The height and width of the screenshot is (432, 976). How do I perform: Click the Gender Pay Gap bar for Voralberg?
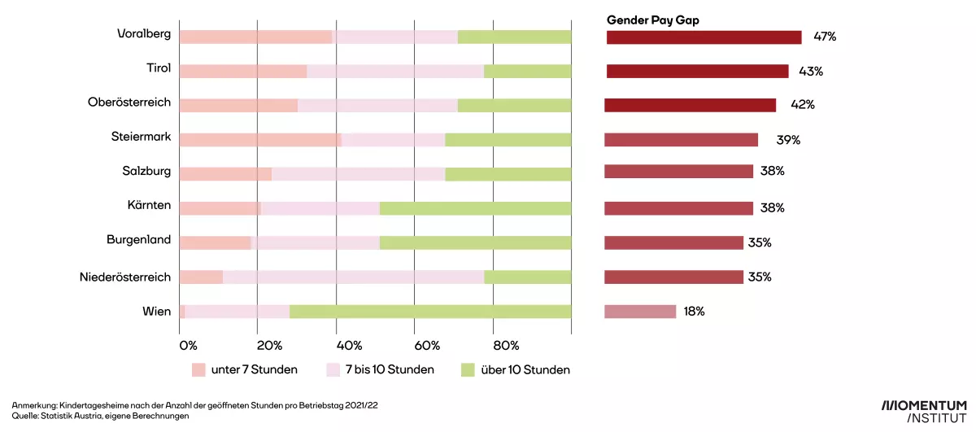(704, 37)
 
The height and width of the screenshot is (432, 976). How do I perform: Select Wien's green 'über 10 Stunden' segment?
(430, 312)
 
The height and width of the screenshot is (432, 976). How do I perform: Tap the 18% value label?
(694, 312)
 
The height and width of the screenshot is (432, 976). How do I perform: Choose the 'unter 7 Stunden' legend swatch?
(198, 370)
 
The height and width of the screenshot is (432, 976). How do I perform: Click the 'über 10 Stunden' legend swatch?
(467, 370)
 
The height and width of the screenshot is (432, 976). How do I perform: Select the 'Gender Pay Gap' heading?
(652, 20)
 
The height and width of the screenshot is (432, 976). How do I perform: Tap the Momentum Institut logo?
(924, 410)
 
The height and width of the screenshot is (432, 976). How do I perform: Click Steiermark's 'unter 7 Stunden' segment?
(259, 140)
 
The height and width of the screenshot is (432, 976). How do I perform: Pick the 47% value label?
(825, 37)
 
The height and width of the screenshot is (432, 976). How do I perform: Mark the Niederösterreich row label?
(125, 277)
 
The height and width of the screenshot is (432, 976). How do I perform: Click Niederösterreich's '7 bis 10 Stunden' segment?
(353, 277)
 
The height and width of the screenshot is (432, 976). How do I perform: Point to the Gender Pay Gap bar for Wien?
(640, 312)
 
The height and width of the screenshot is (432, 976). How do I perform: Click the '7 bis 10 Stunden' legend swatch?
(333, 370)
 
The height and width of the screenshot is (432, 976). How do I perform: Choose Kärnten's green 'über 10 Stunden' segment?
(475, 208)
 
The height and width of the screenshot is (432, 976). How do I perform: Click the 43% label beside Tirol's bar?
(811, 72)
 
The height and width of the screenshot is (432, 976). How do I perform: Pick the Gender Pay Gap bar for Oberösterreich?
(690, 105)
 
